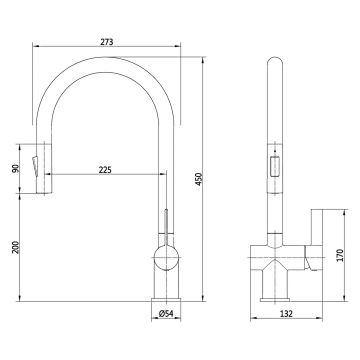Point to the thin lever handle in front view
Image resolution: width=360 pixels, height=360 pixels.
[x=167, y=225]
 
